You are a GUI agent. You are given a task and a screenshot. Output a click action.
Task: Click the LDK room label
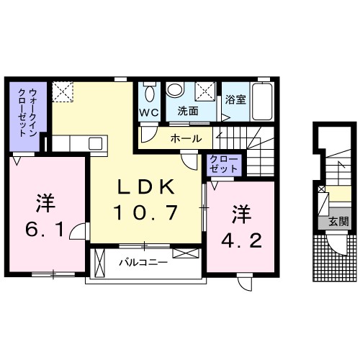145,186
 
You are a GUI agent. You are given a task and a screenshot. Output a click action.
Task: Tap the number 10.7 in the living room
145,212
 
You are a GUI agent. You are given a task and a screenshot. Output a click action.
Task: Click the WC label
149,112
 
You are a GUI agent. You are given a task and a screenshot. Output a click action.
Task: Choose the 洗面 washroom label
188,112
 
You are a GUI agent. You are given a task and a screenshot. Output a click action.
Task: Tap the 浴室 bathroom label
234,100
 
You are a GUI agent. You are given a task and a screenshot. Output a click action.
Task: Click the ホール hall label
185,138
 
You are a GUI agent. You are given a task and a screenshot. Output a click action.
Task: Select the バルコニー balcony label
143,262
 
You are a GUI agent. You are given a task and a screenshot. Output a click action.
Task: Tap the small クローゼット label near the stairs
223,163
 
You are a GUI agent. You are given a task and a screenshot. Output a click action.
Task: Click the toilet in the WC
150,93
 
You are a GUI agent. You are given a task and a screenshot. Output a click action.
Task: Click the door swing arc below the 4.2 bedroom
246,282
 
